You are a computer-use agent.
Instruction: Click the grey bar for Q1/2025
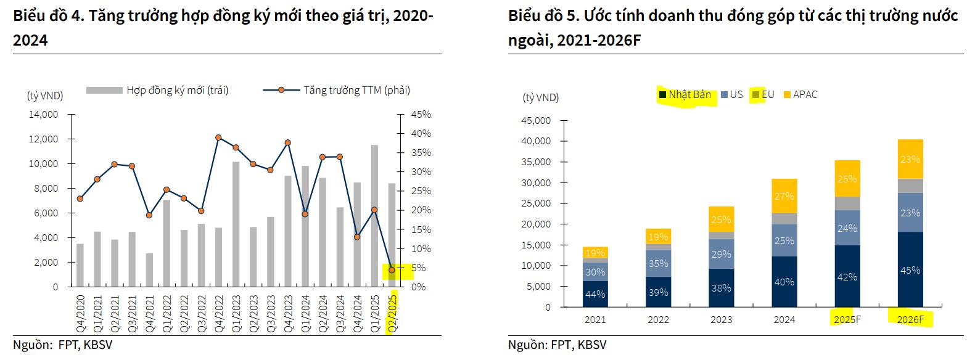374,216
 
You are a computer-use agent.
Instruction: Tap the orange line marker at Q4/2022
218,137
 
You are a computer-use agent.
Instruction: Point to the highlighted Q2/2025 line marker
391,270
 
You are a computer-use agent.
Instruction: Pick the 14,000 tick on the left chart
43,115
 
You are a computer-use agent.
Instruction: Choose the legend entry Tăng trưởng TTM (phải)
356,91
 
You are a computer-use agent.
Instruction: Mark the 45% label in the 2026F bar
910,270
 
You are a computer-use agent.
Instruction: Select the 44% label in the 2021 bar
595,295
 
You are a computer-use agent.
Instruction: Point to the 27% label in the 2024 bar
784,196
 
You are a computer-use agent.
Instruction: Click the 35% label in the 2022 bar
658,263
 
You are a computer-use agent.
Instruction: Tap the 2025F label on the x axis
847,319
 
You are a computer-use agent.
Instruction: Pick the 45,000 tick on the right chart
536,120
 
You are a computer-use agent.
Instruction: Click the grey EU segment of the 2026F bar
910,186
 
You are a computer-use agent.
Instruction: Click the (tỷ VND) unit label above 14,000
45,96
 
